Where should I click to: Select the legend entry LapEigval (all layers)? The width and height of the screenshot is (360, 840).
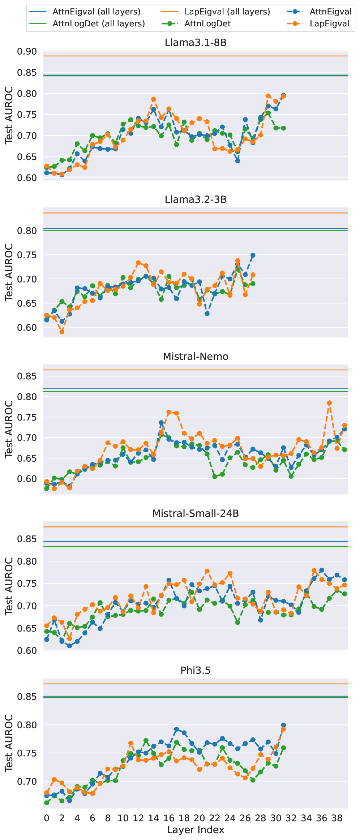[x=227, y=12]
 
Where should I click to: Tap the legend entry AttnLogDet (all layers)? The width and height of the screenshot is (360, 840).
[x=99, y=23]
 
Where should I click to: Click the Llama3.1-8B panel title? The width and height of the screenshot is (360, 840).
[x=196, y=43]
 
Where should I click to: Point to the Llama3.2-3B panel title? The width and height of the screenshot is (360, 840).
[x=196, y=199]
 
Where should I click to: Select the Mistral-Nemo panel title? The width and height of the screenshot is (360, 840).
[x=196, y=357]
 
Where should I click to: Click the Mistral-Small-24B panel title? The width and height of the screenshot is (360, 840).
[x=196, y=513]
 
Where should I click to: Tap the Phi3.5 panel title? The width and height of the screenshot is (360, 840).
[x=196, y=671]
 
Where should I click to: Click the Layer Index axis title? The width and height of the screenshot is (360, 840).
[x=196, y=830]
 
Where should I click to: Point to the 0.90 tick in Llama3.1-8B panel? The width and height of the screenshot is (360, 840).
[x=27, y=52]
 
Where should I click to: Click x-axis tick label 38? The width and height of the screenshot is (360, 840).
[x=337, y=818]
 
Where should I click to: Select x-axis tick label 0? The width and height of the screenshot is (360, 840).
[x=47, y=818]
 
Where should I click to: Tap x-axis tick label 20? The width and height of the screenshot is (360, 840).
[x=199, y=818]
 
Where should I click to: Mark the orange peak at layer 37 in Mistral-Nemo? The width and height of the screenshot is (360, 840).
[x=329, y=403]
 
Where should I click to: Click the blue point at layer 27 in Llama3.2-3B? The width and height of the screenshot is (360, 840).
[x=253, y=255]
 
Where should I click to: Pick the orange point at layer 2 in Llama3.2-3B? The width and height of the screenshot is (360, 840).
[x=62, y=332]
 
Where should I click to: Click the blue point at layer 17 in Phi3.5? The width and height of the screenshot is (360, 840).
[x=176, y=729]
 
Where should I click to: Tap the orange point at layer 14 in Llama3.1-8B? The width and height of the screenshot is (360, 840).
[x=154, y=99]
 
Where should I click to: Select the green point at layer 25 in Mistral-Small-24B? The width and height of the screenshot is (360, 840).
[x=237, y=622]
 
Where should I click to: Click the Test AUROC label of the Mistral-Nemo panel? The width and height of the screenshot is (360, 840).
[x=9, y=429]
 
